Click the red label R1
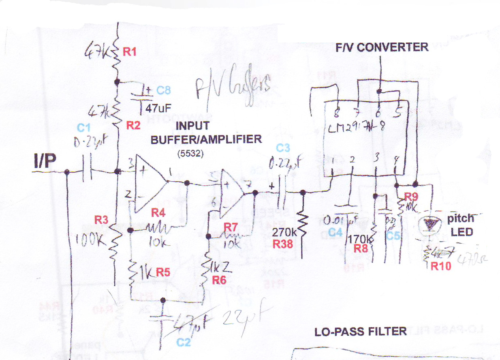click(130, 52)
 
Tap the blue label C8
click(163, 91)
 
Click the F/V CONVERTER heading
click(382, 47)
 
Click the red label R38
click(282, 244)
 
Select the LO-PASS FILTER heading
click(361, 332)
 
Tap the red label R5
click(163, 273)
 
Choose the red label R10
click(440, 266)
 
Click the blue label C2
click(183, 343)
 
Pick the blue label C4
click(335, 232)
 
